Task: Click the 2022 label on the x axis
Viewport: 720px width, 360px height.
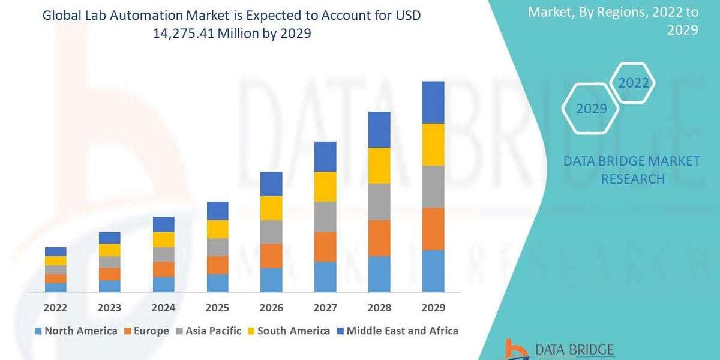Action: click(55, 308)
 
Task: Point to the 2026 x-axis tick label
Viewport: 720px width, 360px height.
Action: click(271, 308)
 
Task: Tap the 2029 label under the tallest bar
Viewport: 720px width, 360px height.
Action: click(433, 308)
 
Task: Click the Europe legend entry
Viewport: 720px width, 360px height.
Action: click(146, 331)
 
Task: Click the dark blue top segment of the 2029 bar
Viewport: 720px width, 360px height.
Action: click(433, 102)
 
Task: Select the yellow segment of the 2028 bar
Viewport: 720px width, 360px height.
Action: click(379, 166)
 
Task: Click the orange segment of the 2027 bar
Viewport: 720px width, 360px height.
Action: click(325, 247)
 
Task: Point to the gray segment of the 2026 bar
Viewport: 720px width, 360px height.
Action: click(271, 232)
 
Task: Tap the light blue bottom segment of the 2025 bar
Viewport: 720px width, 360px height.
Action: click(217, 283)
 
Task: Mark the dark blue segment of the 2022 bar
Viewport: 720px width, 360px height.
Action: click(55, 251)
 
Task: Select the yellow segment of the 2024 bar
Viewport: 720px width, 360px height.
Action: click(163, 239)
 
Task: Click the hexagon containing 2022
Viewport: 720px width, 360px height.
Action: click(634, 83)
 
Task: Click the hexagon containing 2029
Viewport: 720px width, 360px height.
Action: click(591, 109)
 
